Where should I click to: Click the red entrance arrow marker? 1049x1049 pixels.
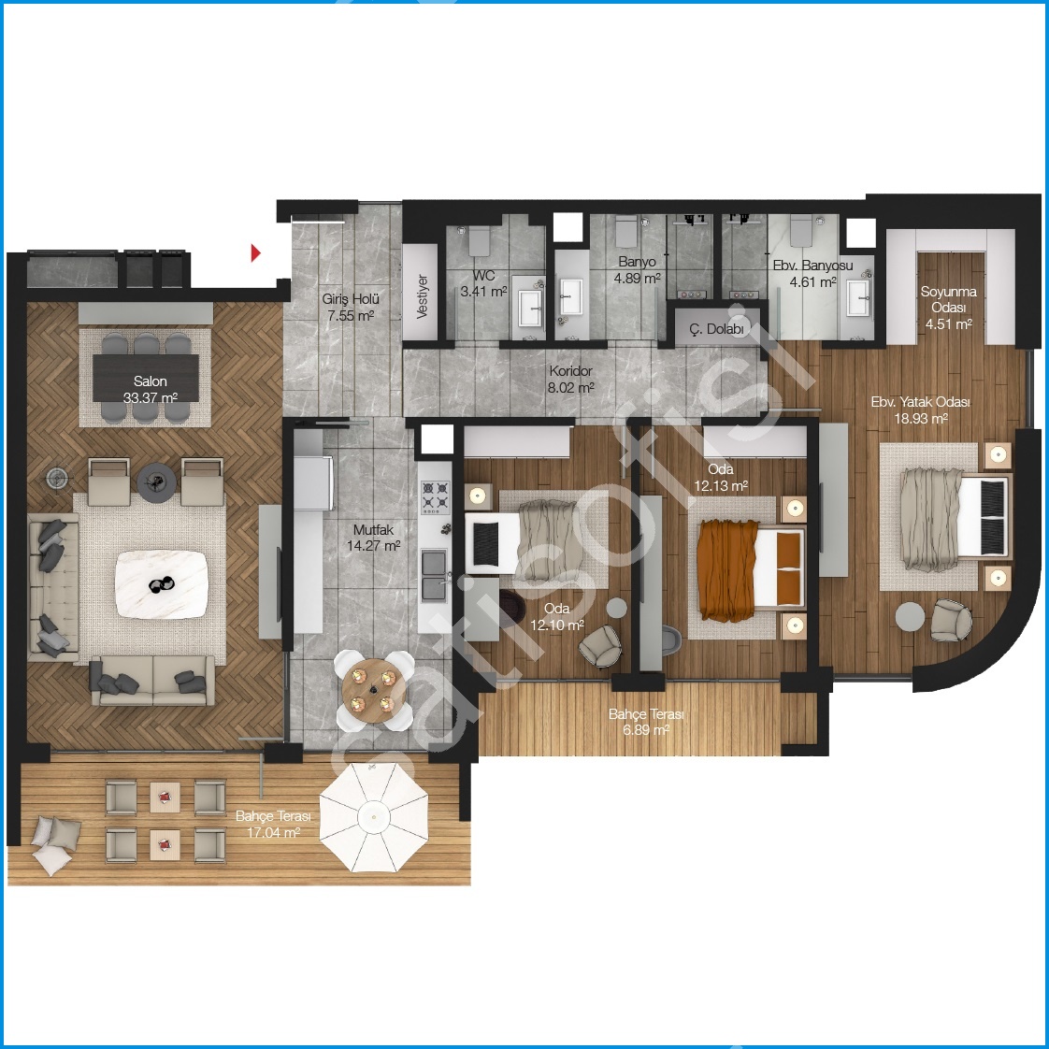(x=255, y=252)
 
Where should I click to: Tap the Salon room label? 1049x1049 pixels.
(x=150, y=381)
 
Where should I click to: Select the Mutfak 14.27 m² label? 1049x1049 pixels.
(x=373, y=538)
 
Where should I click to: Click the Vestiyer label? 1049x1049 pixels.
(x=423, y=296)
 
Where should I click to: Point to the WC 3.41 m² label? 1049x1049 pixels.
(x=483, y=283)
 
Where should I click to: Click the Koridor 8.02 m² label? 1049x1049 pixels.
(x=570, y=379)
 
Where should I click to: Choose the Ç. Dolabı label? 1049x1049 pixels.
(x=716, y=328)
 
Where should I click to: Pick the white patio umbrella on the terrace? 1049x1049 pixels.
(x=373, y=817)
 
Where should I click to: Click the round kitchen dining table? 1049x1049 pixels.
(x=373, y=690)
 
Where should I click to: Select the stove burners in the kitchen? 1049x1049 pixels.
(x=434, y=496)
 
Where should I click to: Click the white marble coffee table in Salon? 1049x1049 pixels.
(x=161, y=584)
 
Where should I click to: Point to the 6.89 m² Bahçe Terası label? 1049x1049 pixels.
(x=646, y=723)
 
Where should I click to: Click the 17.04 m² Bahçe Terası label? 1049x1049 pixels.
(x=273, y=825)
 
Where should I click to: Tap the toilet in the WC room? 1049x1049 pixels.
(x=479, y=239)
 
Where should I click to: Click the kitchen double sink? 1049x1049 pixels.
(x=434, y=575)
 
